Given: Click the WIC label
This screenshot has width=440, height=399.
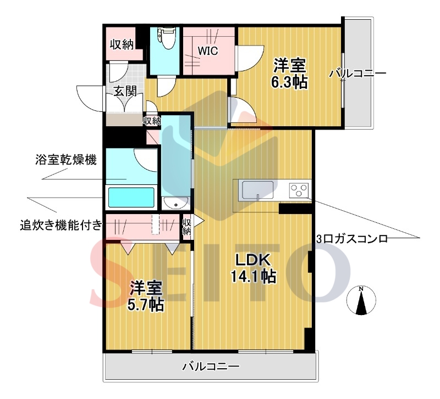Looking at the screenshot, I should click(x=208, y=52).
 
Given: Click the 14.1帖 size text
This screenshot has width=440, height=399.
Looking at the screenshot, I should click(x=252, y=276).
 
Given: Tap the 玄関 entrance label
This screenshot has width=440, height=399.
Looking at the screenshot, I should click(x=125, y=92).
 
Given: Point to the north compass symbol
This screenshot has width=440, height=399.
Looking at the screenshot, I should click(x=361, y=301).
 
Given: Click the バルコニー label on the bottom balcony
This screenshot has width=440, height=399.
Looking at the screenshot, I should click(x=211, y=366).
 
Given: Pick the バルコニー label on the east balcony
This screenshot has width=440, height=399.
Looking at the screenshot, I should click(x=358, y=73).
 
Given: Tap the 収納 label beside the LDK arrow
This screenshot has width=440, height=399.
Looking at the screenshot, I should click(x=186, y=227).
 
